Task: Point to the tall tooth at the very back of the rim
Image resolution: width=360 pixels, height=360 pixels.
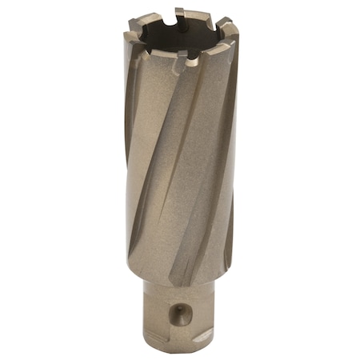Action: tap(179, 14)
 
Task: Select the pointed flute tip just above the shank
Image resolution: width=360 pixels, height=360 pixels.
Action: tap(173, 280)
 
